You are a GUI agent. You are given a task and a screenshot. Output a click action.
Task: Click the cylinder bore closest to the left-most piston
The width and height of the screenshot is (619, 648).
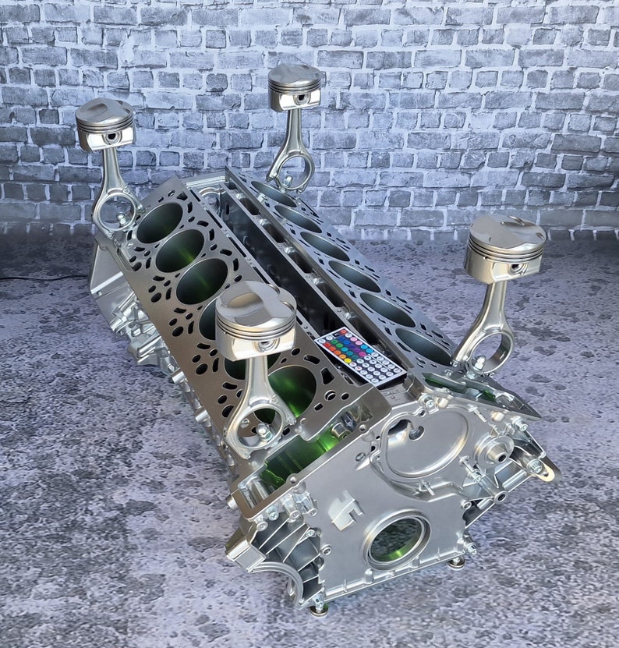point(159,222)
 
